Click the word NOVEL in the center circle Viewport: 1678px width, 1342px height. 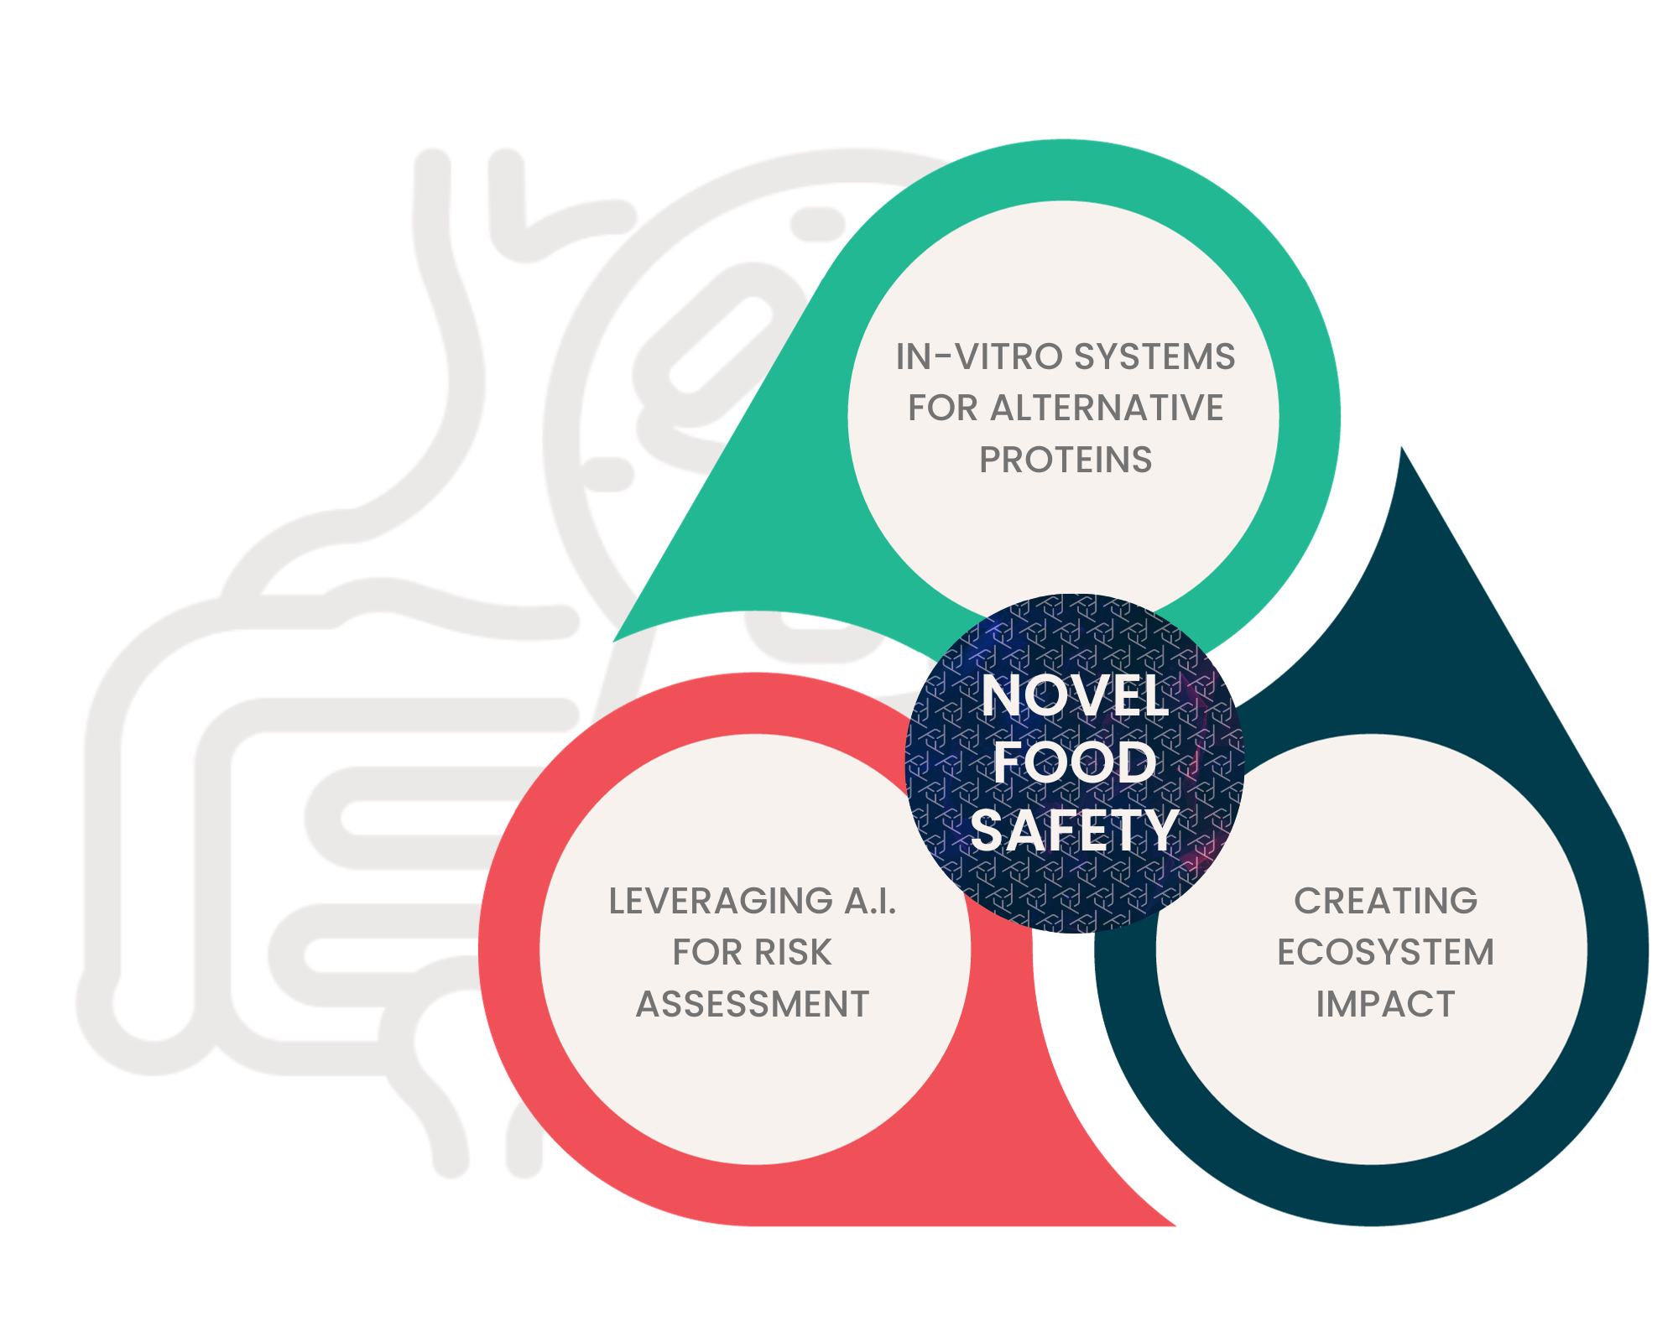[x=1074, y=696]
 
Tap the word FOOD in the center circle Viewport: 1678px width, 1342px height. [x=1074, y=762]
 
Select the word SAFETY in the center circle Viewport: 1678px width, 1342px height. [x=1074, y=830]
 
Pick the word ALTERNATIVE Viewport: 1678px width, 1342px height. [x=1107, y=408]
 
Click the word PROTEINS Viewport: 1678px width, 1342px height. [x=1066, y=460]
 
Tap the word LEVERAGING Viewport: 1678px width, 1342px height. [x=721, y=902]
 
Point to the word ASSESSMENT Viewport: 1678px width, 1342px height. [x=753, y=1004]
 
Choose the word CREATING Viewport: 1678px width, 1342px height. [x=1385, y=902]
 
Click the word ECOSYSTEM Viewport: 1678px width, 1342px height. [x=1385, y=953]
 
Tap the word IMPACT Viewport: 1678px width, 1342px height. [x=1385, y=1004]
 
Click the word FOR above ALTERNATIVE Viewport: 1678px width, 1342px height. [x=942, y=408]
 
